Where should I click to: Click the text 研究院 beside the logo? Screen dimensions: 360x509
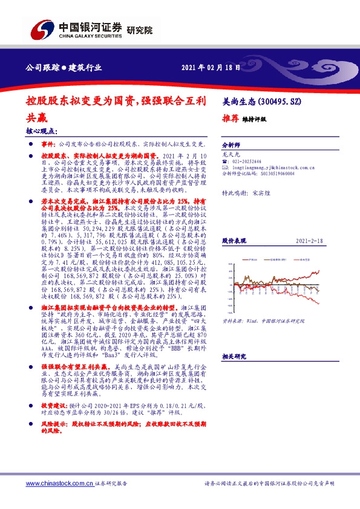coord(140,30)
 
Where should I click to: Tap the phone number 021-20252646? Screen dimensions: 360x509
coord(249,161)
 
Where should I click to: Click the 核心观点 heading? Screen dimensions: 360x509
coord(42,131)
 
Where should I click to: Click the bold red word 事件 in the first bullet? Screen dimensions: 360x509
coord(48,145)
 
